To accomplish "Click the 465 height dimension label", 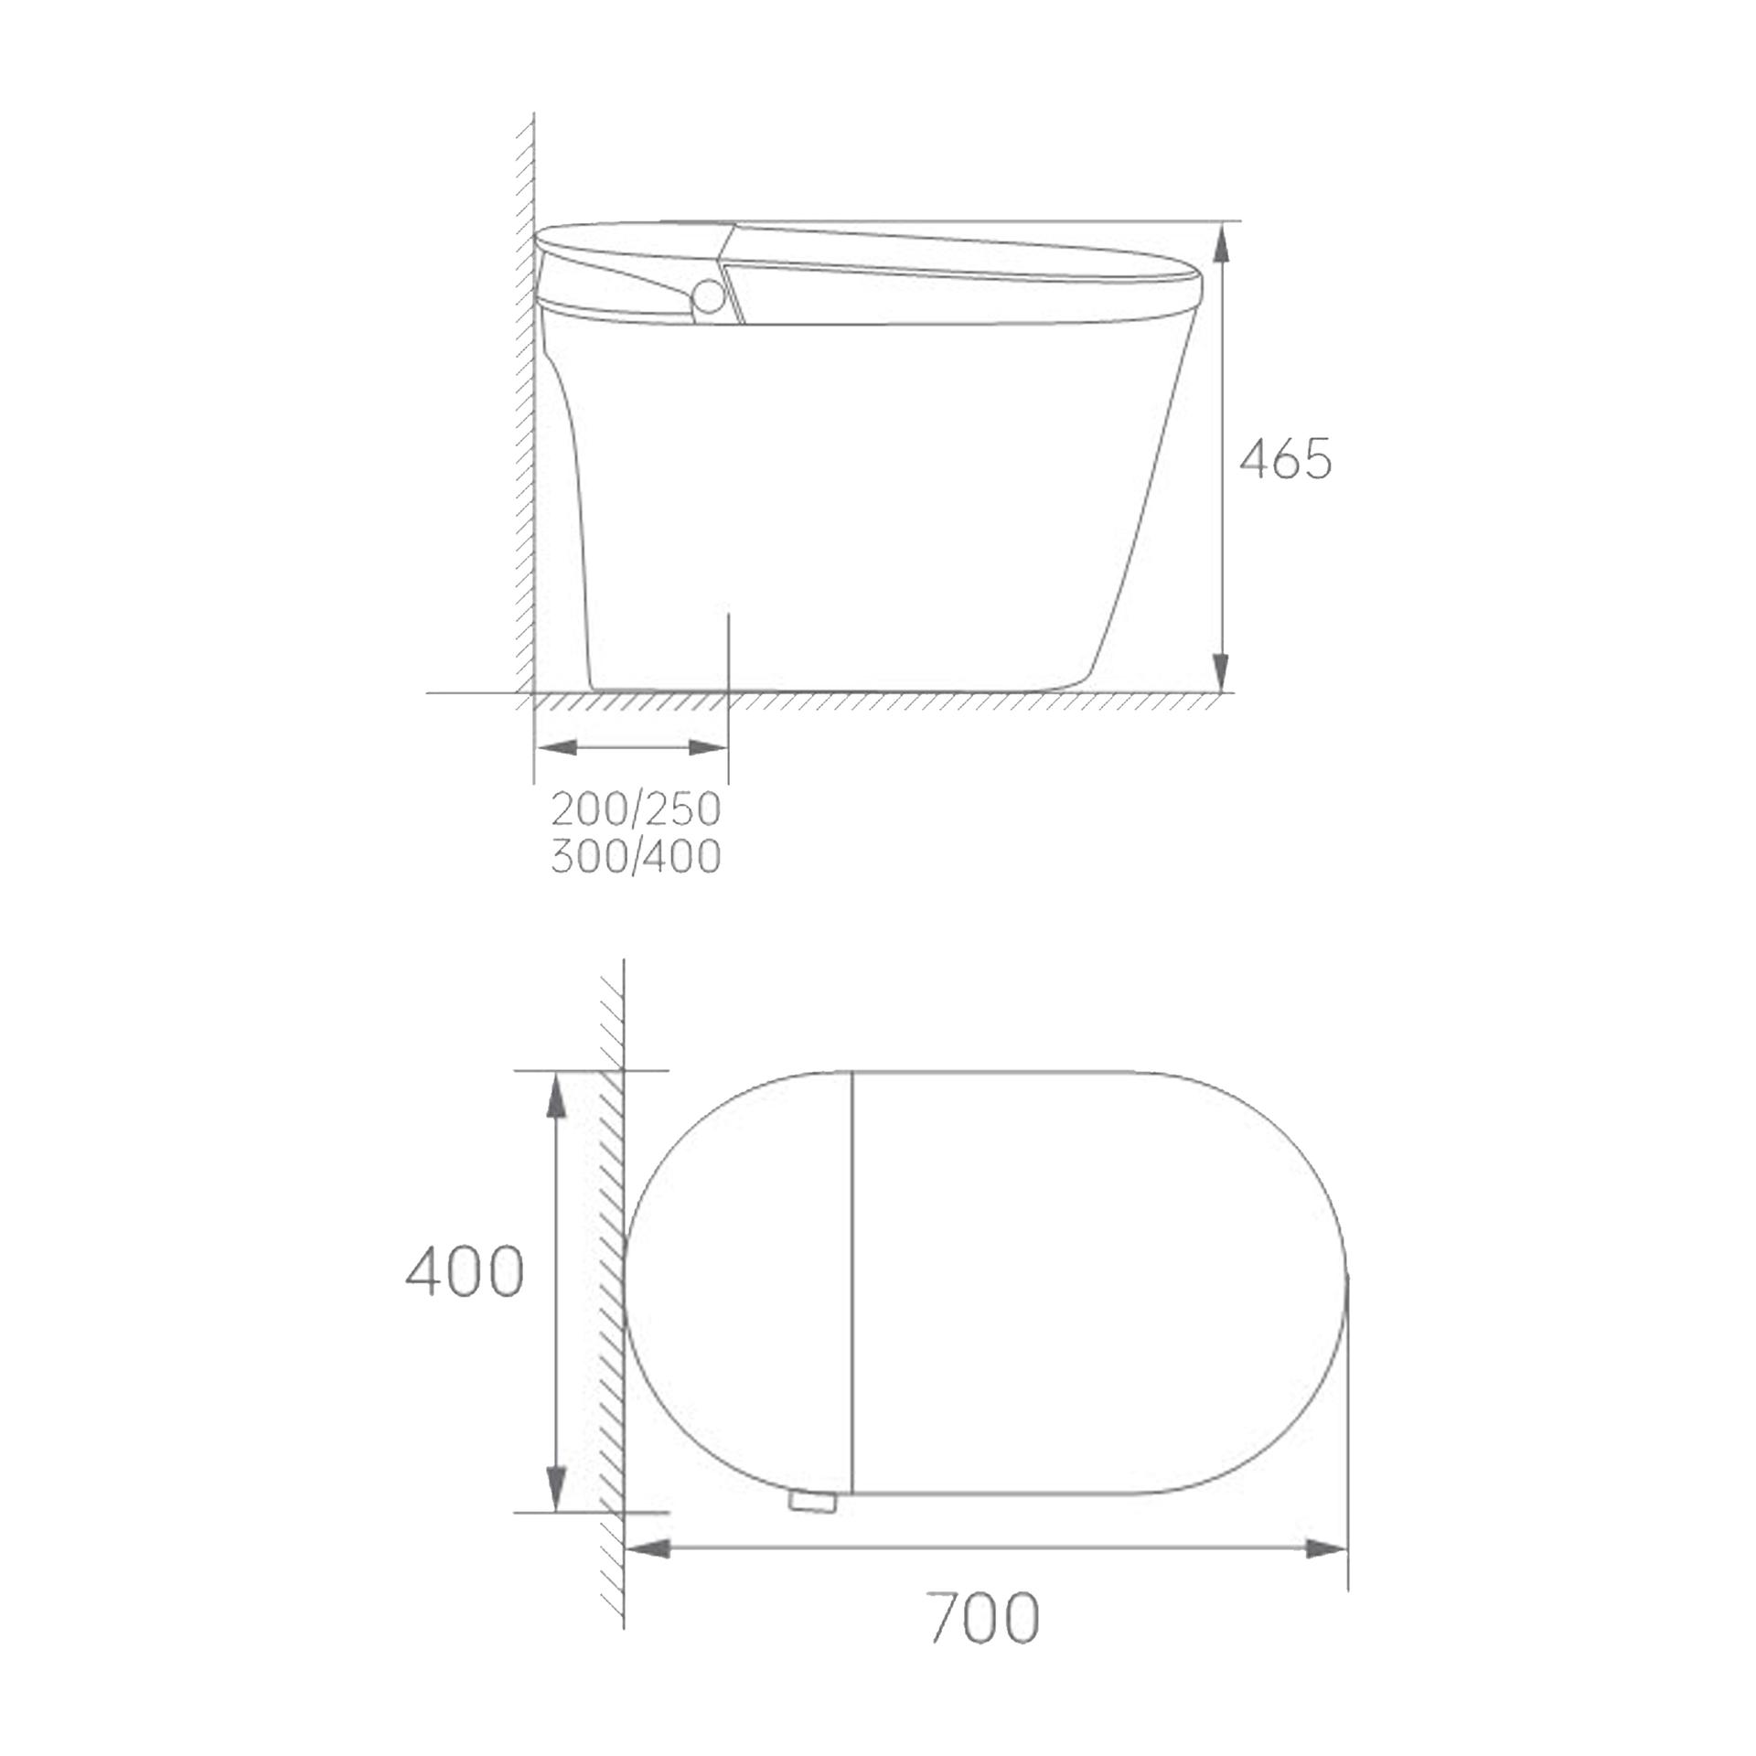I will pos(1285,459).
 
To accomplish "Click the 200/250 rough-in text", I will pos(636,808).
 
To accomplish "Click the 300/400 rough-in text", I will pos(636,857).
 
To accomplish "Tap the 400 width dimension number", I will pos(465,1272).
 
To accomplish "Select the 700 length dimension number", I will pos(983,1617).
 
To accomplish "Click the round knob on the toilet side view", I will pos(708,296).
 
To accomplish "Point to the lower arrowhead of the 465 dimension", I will pos(1222,673).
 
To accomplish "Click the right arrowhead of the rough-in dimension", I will pos(707,747).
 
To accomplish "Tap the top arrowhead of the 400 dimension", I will pos(554,1095).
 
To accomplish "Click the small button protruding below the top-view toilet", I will pos(811,1501).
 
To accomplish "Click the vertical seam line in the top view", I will pos(852,1280).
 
